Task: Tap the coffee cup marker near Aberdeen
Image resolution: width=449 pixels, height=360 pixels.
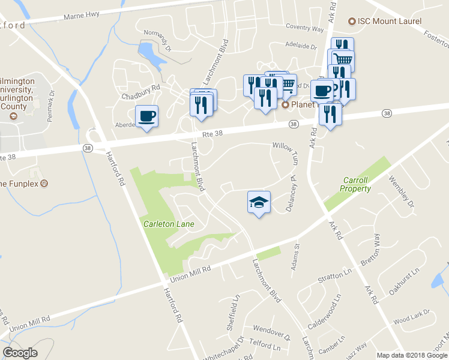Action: pos(146,116)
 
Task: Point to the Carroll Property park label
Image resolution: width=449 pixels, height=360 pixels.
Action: pos(357,184)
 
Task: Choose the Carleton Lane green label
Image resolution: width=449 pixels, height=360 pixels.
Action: pos(169,224)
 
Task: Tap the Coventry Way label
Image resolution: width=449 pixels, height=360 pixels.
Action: pos(304,28)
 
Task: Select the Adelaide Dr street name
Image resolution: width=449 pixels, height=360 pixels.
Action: pos(301,45)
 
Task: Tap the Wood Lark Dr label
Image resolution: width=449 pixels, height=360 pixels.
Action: pos(412,316)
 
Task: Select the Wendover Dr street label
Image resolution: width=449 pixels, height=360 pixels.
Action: pos(271,329)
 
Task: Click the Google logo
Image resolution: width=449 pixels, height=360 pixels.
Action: pos(20,352)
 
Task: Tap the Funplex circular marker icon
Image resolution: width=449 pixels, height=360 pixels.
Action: pos(43,184)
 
